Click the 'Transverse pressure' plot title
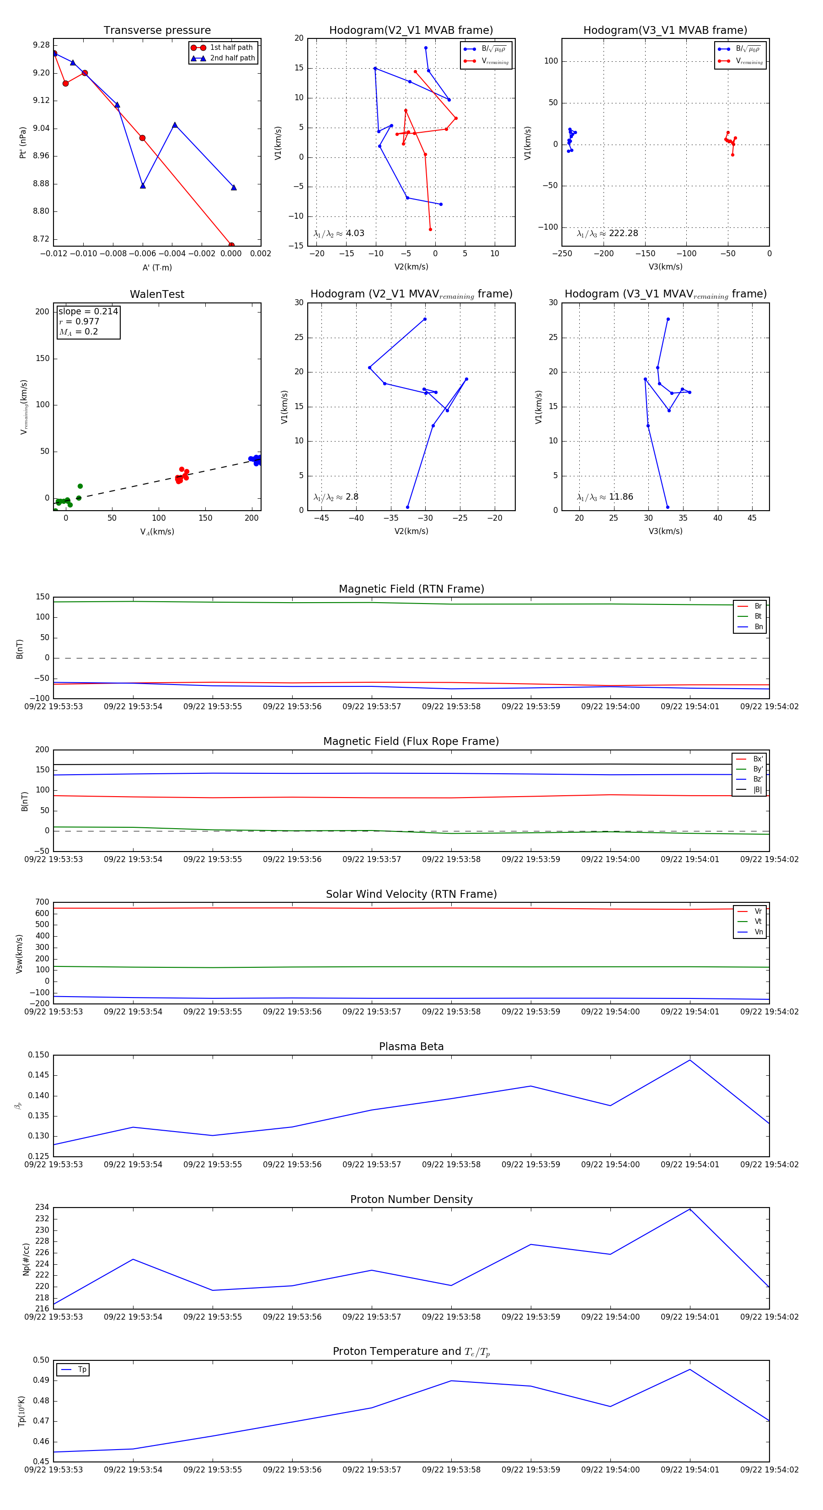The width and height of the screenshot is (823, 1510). pos(157,31)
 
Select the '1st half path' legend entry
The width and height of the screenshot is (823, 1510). pos(231,48)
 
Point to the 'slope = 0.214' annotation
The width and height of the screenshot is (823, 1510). pos(88,311)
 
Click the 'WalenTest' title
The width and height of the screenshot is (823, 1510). pos(157,294)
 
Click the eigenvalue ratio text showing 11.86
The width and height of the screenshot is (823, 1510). pos(605,497)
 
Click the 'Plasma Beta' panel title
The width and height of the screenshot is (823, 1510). pos(411,1046)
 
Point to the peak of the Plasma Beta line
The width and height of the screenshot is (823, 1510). pos(690,1060)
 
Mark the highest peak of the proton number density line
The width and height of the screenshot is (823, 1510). pos(690,1209)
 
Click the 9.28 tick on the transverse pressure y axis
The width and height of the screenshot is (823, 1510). pos(41,45)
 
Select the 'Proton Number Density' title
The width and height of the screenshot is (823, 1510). pos(411,1199)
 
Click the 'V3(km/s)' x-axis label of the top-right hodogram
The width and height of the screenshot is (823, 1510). pos(665,267)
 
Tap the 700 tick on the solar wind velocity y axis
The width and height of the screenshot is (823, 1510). pos(42,902)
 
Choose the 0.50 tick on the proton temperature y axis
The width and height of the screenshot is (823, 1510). pos(41,1360)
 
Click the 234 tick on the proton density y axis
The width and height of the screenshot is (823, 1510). pos(42,1208)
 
